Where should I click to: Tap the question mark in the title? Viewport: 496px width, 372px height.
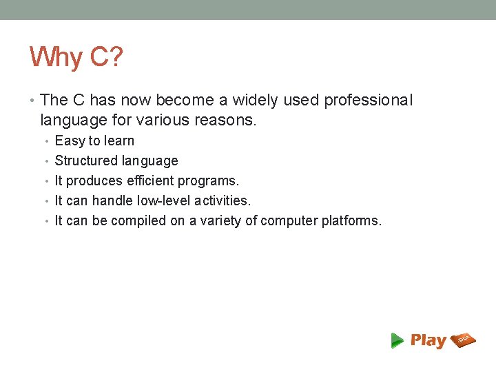coord(115,57)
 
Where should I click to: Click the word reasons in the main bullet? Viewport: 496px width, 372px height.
coord(225,121)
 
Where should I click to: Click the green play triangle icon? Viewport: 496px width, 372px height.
coord(397,340)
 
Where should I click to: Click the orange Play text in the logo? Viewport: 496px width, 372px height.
coord(428,340)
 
